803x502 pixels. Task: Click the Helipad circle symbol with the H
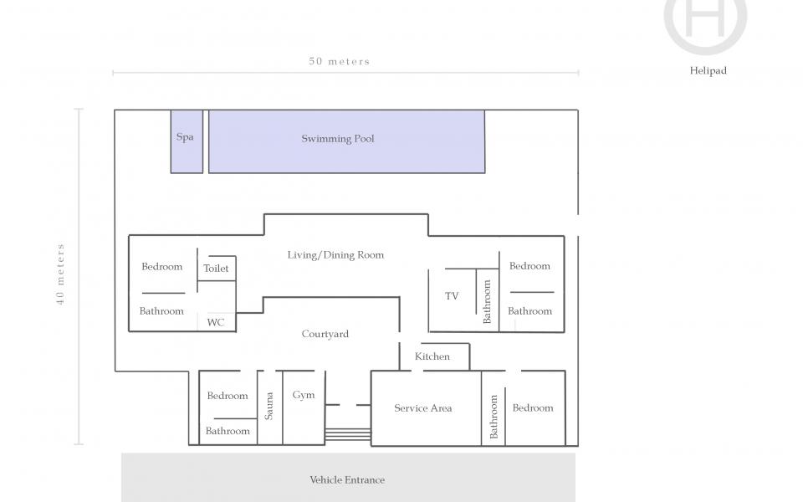[705, 18]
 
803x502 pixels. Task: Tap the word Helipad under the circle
[708, 71]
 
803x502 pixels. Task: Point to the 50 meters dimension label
[339, 61]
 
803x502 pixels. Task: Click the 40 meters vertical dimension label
[61, 274]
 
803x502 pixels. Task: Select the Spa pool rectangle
[187, 141]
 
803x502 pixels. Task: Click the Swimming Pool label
[338, 139]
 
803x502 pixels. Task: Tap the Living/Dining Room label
[335, 255]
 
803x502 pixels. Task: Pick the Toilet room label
[217, 269]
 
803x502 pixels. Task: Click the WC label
[216, 321]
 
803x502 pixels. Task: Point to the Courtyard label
[325, 335]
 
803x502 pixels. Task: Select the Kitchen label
[432, 356]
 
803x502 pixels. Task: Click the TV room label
[452, 296]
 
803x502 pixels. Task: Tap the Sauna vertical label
[269, 406]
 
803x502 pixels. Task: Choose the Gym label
[304, 395]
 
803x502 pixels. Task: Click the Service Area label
[423, 408]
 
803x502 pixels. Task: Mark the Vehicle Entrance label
[347, 480]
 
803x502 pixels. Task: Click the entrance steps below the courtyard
[347, 435]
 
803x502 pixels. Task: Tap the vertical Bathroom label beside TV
[487, 301]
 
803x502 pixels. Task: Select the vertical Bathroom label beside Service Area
[494, 417]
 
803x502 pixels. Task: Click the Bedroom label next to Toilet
[161, 267]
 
